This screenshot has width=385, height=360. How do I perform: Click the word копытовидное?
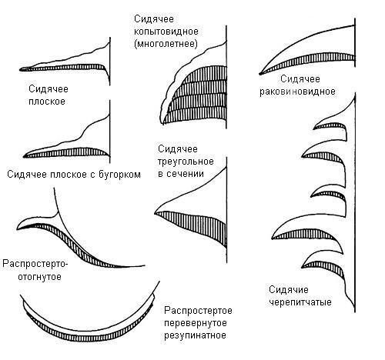pos(166,32)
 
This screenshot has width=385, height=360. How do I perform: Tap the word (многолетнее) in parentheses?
pos(166,44)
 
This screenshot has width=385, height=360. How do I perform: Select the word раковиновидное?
pos(297,92)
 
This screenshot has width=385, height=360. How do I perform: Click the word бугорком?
pos(119,175)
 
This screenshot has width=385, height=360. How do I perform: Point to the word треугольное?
pos(186,162)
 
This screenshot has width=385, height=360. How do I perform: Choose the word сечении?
pos(185,174)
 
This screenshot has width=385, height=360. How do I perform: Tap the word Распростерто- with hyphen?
pos(35,264)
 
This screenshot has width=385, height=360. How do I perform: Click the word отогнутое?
pos(39,277)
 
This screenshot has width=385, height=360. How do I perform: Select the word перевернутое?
pos(196,323)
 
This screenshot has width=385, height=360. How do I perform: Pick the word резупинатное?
pos(195,335)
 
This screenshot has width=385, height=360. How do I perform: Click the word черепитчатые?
pos(300,302)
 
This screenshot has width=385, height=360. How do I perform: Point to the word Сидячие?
pos(289,290)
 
